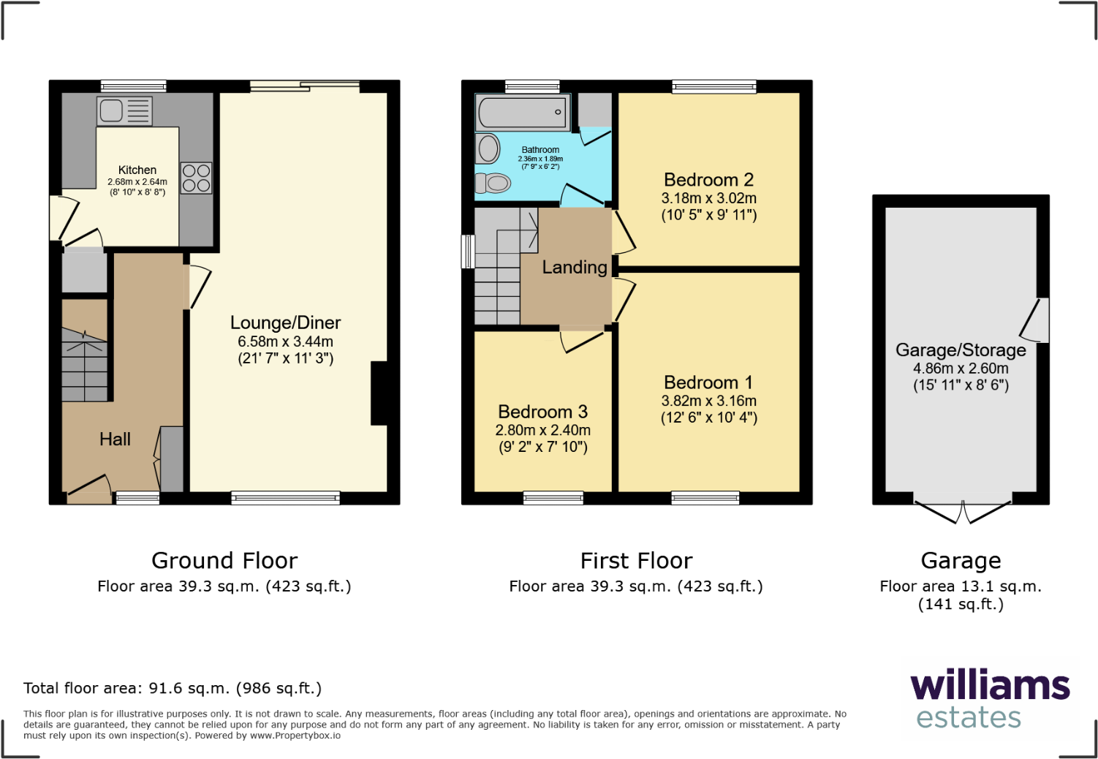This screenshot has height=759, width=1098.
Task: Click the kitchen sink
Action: (x=124, y=111)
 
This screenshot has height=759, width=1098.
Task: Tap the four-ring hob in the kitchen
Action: (x=196, y=178)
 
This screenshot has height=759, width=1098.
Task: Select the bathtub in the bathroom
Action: (x=522, y=112)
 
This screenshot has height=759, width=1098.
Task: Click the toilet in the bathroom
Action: (x=495, y=183)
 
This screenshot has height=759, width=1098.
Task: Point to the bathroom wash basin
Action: (x=488, y=148)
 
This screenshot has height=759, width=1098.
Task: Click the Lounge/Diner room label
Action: (x=285, y=322)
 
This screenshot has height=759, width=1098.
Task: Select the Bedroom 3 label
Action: (x=542, y=412)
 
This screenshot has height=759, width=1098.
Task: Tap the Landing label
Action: (x=574, y=268)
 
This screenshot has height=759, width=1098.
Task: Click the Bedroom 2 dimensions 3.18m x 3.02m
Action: (x=708, y=198)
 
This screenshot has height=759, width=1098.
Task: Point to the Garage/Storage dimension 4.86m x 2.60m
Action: (x=960, y=369)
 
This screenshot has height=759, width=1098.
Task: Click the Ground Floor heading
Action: (x=224, y=561)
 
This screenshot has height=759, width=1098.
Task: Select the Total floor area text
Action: (x=173, y=688)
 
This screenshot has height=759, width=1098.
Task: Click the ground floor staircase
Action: (x=85, y=362)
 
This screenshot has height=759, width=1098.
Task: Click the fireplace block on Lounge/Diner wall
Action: (x=379, y=393)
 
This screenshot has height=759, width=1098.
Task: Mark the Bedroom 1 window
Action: (x=705, y=498)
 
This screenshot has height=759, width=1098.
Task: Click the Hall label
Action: (x=115, y=439)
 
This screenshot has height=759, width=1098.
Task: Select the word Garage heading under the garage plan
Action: (x=961, y=561)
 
